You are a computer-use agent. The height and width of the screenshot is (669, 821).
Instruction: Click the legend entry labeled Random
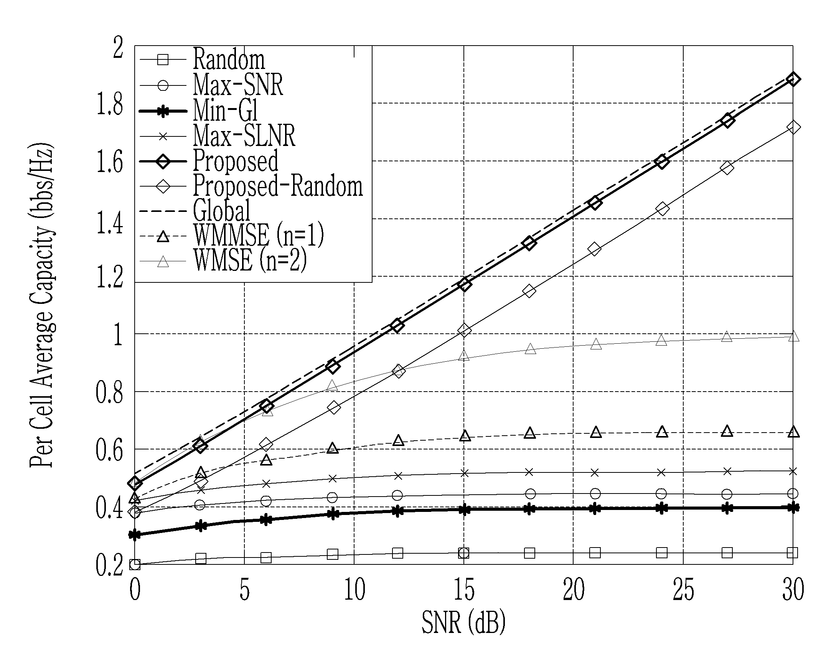click(x=229, y=59)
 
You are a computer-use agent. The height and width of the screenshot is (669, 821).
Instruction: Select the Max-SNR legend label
click(x=238, y=85)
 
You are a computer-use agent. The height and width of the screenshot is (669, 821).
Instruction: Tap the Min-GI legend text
click(x=225, y=110)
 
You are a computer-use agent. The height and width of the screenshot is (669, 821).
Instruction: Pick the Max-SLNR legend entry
click(x=244, y=135)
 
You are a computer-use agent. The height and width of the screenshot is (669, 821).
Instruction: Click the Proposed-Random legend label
click(x=278, y=186)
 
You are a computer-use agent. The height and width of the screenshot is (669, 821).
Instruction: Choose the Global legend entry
click(x=221, y=211)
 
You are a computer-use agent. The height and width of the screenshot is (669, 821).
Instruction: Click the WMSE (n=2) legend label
click(x=250, y=260)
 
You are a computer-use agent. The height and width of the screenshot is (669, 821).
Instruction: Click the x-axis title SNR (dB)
click(x=463, y=622)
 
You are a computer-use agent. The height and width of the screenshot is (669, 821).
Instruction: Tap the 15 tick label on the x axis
click(x=464, y=590)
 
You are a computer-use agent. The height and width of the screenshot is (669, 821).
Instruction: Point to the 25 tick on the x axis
click(x=683, y=590)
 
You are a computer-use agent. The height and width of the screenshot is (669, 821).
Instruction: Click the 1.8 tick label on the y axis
click(x=110, y=104)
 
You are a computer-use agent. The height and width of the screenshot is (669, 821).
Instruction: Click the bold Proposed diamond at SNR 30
click(x=793, y=79)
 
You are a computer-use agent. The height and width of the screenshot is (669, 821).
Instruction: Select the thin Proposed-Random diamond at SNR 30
click(x=793, y=127)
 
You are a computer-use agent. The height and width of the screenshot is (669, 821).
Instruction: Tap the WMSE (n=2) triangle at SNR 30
click(x=793, y=336)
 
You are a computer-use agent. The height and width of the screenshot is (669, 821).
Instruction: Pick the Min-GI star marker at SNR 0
click(x=135, y=535)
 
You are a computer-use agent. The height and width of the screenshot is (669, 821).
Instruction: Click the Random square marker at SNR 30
click(x=792, y=553)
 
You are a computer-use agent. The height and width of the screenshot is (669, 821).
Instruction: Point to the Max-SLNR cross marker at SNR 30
click(x=793, y=471)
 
